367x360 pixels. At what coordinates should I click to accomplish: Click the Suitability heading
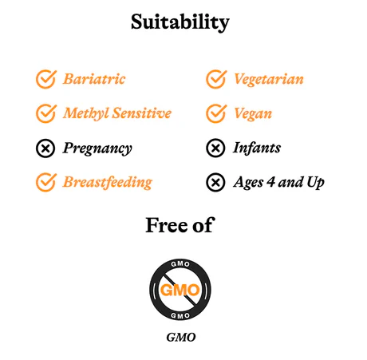pos(180,22)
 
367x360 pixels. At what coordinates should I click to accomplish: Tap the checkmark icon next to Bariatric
pos(46,79)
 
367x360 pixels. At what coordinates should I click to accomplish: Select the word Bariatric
pos(94,79)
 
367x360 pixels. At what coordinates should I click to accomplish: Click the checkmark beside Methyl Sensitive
pos(46,113)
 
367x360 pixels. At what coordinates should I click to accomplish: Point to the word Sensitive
pos(142,113)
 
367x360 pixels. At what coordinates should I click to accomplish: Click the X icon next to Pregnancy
pos(45,148)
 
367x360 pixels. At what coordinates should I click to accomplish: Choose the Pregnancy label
pos(97,148)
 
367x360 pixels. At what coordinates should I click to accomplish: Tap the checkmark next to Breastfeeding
pos(46,182)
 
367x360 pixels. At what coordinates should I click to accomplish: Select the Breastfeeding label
pos(108,183)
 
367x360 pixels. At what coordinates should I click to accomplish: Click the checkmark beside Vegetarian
pos(216,79)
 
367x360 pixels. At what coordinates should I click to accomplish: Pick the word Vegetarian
pos(269,79)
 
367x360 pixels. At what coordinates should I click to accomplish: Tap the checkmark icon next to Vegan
pos(216,113)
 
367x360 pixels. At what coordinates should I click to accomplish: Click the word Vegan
pos(253,114)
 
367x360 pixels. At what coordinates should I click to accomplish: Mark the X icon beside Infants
pos(215,148)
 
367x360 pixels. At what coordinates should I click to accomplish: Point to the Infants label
pos(257,148)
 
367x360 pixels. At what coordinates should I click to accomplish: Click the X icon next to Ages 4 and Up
pos(215,182)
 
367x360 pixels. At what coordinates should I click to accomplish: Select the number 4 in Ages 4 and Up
pos(270,182)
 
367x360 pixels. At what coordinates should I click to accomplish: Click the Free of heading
pos(180,225)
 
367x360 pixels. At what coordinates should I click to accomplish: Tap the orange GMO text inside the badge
pos(180,290)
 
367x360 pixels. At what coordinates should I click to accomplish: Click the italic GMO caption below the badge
pos(181,337)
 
